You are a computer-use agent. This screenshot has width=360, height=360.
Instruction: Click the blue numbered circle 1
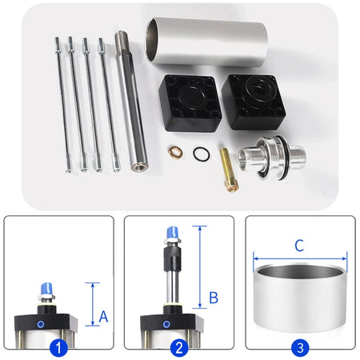(58, 348)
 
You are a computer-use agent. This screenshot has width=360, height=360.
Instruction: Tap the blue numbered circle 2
(179, 348)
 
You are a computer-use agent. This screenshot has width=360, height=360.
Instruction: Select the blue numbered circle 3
(300, 348)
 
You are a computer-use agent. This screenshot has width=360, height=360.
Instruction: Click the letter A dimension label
(103, 317)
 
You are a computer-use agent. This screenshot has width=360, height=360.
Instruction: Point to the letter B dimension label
(214, 298)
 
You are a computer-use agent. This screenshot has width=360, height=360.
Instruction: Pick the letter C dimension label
(299, 246)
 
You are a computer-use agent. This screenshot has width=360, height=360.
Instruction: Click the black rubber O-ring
(202, 154)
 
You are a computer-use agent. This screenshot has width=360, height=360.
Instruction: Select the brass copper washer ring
(175, 152)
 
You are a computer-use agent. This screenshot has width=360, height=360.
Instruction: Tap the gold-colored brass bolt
(229, 170)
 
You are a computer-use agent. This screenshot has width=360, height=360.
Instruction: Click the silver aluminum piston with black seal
(272, 158)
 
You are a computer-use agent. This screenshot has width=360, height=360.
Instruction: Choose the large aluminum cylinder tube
(206, 42)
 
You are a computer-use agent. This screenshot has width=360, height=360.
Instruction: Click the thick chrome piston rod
(131, 101)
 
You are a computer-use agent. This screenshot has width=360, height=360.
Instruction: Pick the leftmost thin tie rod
(62, 105)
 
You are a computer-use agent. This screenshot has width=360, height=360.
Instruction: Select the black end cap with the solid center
(190, 103)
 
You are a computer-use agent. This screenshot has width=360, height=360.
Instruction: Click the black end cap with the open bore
(254, 102)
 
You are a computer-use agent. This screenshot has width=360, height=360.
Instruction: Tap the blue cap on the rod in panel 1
(46, 289)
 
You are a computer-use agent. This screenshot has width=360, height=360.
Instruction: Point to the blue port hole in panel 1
(41, 325)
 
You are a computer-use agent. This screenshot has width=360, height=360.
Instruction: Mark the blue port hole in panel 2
(166, 325)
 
